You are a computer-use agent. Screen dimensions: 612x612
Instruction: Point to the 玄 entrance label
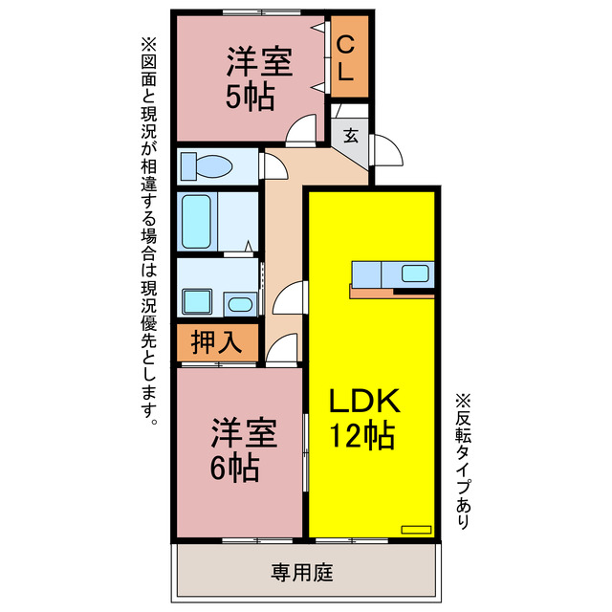pos(351,135)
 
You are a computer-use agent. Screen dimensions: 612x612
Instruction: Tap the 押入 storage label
pos(216,342)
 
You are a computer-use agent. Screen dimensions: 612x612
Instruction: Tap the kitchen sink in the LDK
pos(415,273)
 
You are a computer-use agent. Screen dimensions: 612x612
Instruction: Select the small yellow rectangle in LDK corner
pos(417,528)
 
